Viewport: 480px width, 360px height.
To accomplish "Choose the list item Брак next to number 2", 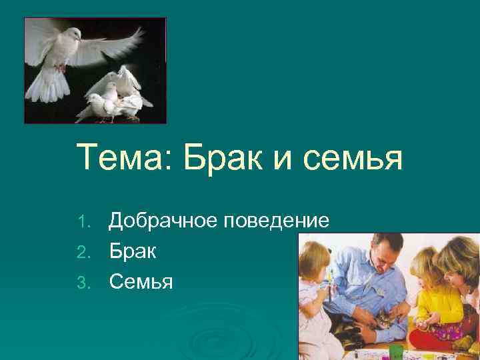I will tap(133, 252).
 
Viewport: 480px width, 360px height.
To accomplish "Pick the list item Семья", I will tap(141, 283).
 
